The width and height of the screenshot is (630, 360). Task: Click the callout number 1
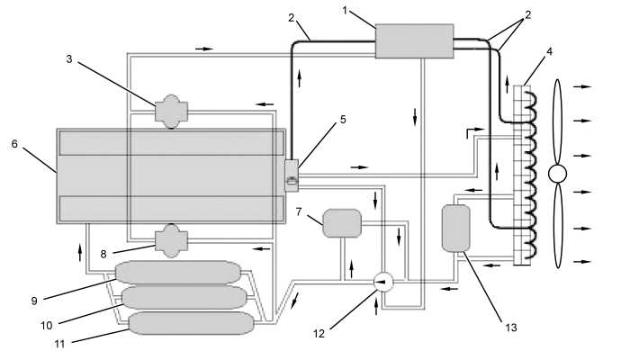click(345, 11)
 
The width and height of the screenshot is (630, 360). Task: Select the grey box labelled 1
click(414, 41)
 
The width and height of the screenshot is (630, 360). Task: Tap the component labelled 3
click(172, 112)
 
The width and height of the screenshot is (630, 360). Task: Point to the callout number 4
click(549, 52)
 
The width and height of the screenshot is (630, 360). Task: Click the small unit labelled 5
click(292, 175)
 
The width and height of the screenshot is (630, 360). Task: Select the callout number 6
click(15, 144)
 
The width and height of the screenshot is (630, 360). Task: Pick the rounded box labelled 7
click(342, 223)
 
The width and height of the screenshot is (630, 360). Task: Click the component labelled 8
click(172, 240)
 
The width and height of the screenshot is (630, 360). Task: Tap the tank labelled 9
click(178, 272)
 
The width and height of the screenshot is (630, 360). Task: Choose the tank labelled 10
click(184, 297)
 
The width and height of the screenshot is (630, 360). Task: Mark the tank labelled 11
click(191, 323)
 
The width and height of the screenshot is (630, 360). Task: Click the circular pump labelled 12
click(383, 282)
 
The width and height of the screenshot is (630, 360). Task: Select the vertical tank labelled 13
click(456, 229)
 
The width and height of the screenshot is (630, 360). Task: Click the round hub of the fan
click(558, 174)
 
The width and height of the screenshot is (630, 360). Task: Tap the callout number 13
click(510, 328)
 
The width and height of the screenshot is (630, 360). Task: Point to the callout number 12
click(319, 334)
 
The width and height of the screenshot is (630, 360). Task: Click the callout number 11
click(59, 345)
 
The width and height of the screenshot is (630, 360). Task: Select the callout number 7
click(299, 211)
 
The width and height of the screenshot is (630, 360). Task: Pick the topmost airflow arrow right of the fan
click(582, 86)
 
